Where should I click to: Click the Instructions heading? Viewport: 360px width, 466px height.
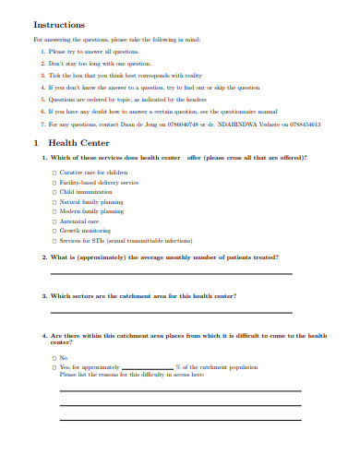coord(59,25)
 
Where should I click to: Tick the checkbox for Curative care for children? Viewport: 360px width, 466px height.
coord(54,173)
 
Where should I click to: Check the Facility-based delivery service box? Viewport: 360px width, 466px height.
coord(54,183)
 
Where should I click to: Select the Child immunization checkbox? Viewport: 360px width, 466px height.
coord(54,192)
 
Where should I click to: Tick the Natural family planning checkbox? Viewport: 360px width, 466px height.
coord(54,202)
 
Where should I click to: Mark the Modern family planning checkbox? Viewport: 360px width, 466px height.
coord(54,211)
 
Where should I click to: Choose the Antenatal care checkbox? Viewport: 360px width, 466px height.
coord(54,221)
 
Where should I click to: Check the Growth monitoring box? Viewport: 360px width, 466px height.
coord(54,231)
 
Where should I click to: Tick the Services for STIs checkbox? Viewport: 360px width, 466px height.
coord(54,241)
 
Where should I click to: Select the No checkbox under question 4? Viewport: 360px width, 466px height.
coord(54,357)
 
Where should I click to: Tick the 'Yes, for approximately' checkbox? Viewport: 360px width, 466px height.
coord(54,366)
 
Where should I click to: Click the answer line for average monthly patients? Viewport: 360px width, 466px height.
coord(171,273)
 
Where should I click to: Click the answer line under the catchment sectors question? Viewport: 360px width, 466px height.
coord(171,312)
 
